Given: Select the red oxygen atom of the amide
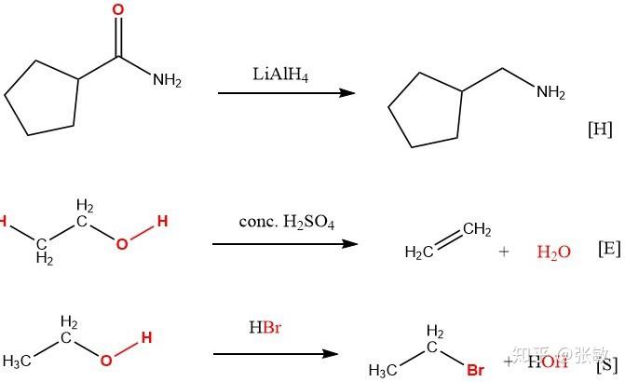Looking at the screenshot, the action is [x=117, y=9].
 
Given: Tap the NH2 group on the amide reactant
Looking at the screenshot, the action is [x=167, y=80].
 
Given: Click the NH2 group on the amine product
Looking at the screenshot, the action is [x=550, y=92].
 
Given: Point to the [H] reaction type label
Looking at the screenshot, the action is [x=600, y=130].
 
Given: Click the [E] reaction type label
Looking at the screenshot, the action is [x=608, y=250].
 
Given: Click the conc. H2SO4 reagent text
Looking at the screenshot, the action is [x=286, y=224].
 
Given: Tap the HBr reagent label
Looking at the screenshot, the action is [x=265, y=328].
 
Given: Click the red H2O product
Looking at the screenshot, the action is [x=554, y=252].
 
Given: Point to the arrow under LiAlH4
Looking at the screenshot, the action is [x=286, y=93].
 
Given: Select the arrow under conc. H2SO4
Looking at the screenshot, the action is [x=285, y=244].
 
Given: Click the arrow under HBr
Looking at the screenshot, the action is [x=275, y=354].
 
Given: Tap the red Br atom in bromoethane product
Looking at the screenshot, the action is [x=475, y=370].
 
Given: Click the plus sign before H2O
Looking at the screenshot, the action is [x=504, y=252].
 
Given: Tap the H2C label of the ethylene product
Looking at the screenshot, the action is [x=420, y=252].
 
